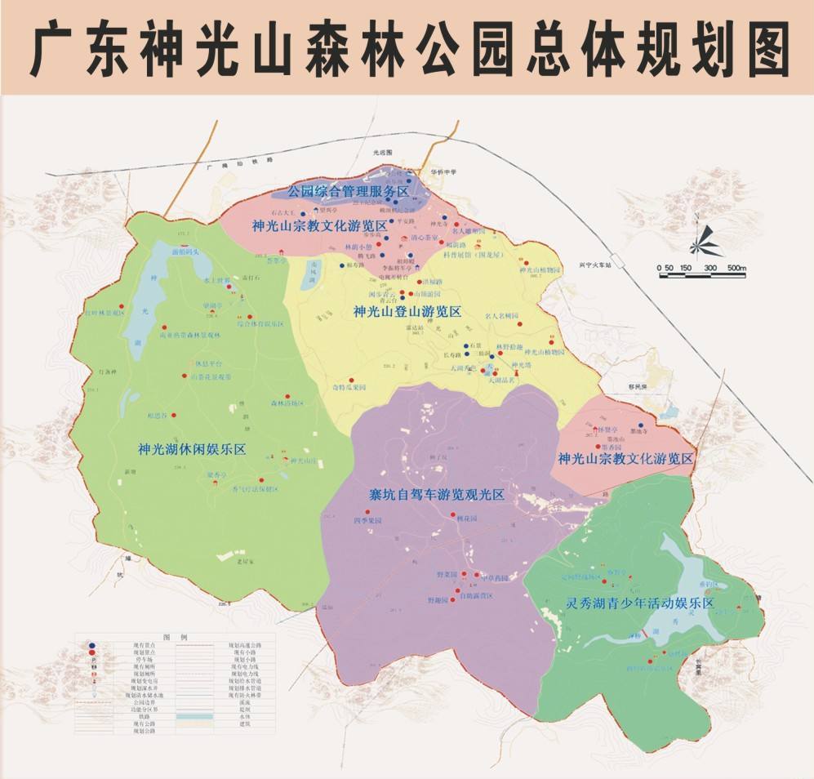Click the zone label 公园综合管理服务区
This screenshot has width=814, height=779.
pyautogui.click(x=348, y=192)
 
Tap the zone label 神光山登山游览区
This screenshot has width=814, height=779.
pyautogui.click(x=407, y=311)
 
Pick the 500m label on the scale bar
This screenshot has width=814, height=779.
pyautogui.click(x=736, y=268)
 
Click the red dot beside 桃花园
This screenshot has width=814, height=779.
pyautogui.click(x=453, y=514)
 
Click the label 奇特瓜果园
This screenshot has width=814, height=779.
pyautogui.click(x=338, y=387)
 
